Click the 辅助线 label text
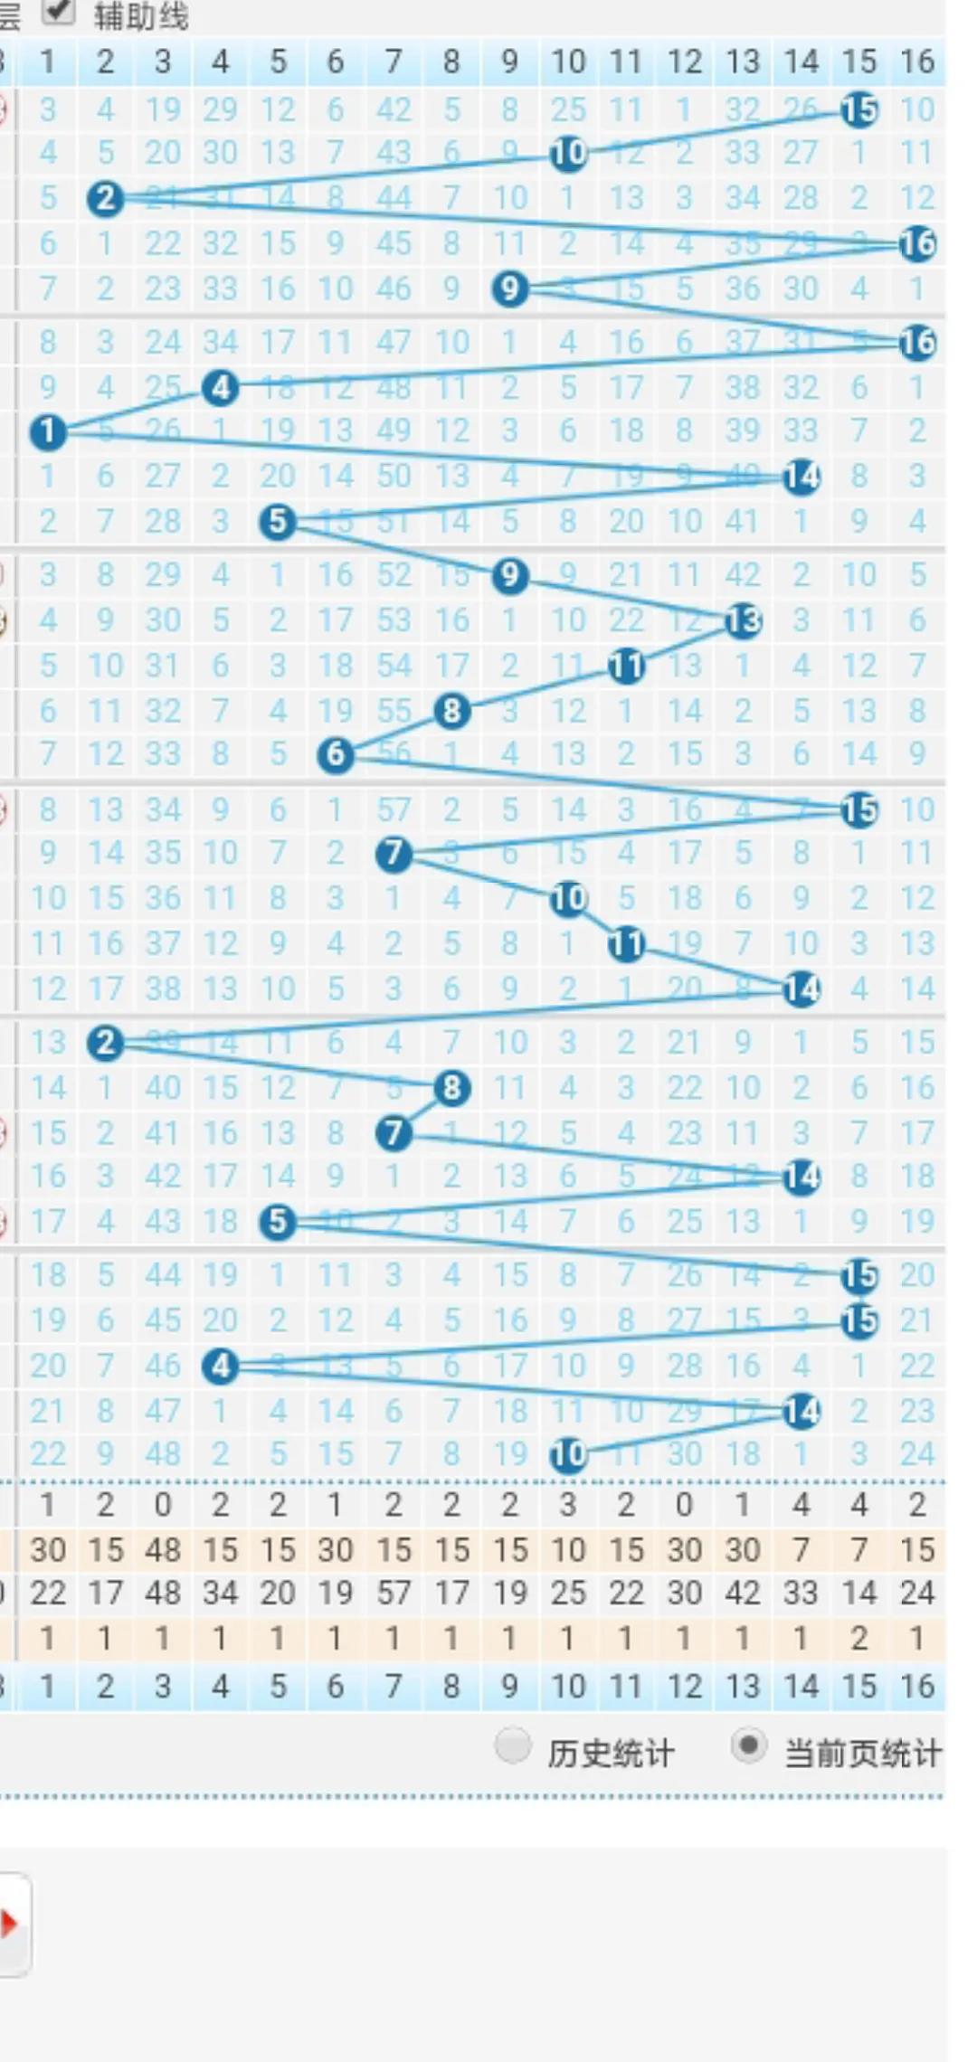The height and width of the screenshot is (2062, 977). [x=141, y=16]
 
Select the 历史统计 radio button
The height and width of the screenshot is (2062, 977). [x=513, y=1745]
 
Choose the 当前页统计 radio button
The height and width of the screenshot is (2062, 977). [x=748, y=1745]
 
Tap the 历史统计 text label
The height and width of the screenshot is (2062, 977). [x=611, y=1754]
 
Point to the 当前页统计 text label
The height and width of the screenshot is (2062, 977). [x=862, y=1754]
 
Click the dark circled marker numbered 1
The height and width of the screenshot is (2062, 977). [x=48, y=431]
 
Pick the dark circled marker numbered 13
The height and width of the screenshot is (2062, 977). [x=744, y=620]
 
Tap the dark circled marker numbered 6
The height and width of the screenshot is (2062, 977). [x=336, y=754]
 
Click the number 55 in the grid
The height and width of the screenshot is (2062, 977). [x=394, y=711]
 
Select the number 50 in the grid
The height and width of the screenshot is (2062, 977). [x=394, y=476]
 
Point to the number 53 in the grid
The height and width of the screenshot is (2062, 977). [x=394, y=620]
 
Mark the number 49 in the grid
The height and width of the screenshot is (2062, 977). [x=394, y=430]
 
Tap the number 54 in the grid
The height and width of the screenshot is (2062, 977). [x=394, y=666]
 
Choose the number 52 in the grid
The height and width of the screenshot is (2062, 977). [x=394, y=575]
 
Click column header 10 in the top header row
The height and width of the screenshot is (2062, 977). [x=568, y=61]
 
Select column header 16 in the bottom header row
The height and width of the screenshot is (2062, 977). [x=917, y=1686]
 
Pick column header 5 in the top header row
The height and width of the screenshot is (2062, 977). [x=278, y=61]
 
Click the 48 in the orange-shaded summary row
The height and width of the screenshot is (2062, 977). [x=163, y=1549]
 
